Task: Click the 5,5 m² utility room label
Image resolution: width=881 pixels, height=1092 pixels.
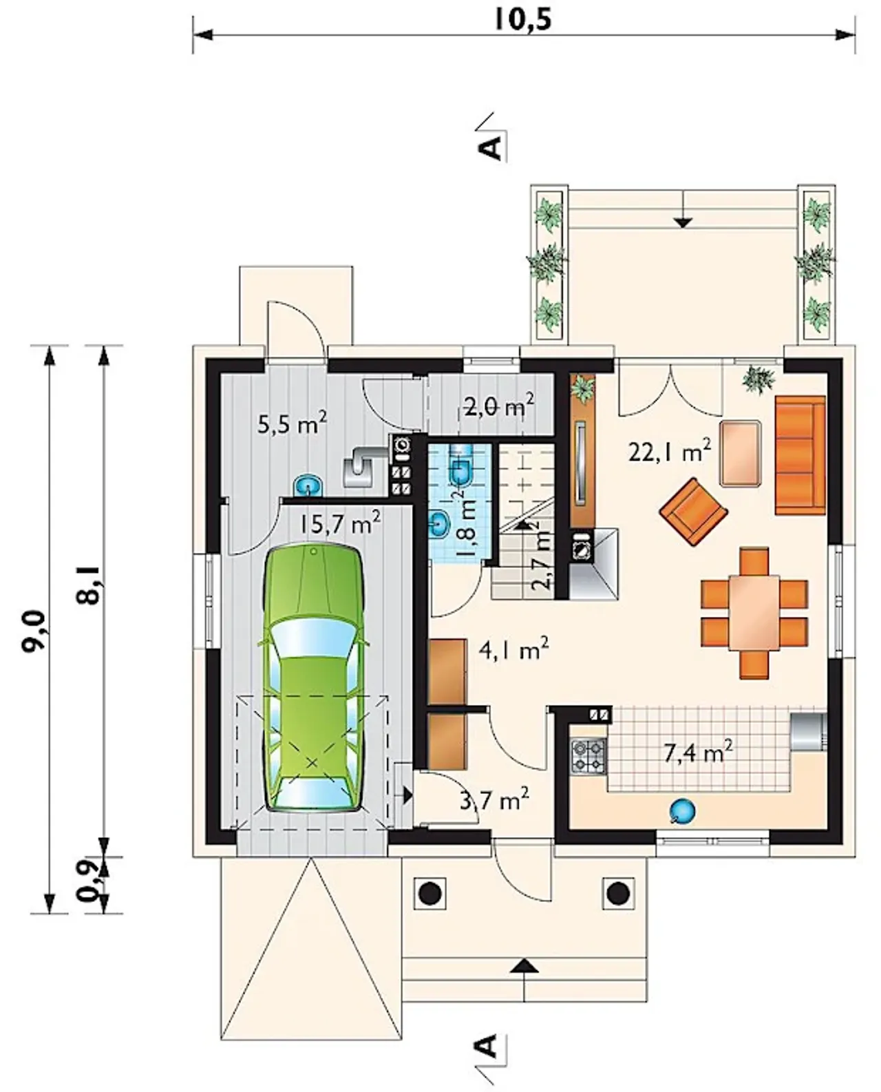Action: pos(292,424)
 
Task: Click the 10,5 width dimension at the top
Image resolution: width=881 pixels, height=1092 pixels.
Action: pos(523,20)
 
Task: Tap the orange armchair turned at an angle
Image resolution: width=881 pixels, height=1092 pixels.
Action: pos(694,511)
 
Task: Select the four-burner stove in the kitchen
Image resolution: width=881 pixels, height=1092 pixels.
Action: pos(589,756)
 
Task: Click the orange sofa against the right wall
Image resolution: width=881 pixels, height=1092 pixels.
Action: pos(800,454)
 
